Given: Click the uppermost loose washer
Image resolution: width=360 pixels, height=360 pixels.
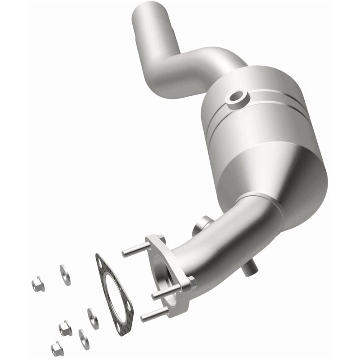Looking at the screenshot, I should click(x=65, y=274).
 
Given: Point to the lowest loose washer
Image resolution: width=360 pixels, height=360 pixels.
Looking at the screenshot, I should click(x=84, y=338).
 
